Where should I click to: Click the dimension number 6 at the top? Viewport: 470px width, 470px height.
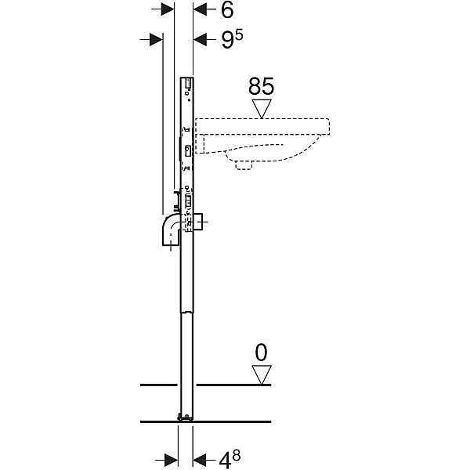tap(227, 11)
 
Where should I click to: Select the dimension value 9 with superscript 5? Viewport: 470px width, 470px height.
tap(232, 39)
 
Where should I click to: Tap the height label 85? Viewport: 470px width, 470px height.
tap(261, 87)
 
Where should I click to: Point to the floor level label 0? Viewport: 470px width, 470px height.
tap(261, 352)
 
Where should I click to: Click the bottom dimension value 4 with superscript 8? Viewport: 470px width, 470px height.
tap(230, 459)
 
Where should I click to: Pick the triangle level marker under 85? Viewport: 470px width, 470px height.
tap(262, 108)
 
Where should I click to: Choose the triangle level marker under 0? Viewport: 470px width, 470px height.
tap(262, 374)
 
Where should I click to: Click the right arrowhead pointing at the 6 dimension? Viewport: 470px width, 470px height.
tap(200, 9)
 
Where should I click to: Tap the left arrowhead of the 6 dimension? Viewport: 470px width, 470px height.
tap(168, 9)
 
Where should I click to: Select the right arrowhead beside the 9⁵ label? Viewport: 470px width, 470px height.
tap(200, 39)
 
